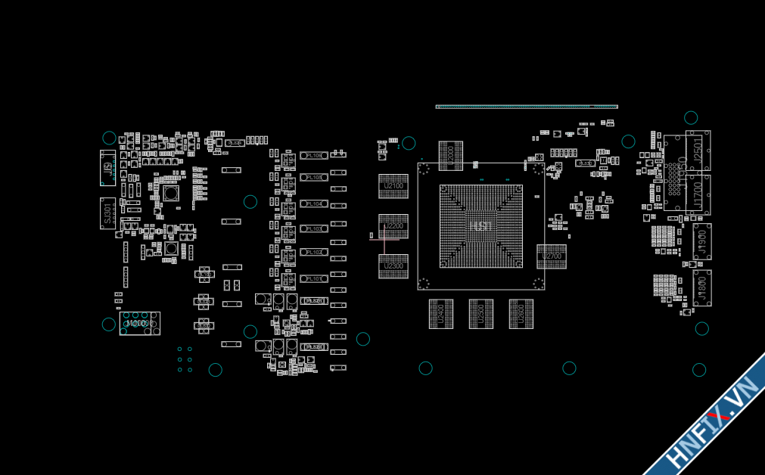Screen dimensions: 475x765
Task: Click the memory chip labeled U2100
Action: tap(393, 186)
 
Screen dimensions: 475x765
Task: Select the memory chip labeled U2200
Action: tap(393, 226)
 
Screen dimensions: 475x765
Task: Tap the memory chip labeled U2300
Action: tap(393, 266)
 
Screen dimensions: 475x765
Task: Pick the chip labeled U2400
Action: tap(441, 314)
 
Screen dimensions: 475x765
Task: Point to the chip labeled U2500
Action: tap(481, 314)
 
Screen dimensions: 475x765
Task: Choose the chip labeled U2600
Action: tap(521, 314)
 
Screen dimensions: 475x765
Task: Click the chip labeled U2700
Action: tap(552, 256)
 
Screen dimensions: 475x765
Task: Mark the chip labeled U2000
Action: tap(451, 155)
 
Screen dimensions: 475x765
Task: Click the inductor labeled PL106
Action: tap(313, 155)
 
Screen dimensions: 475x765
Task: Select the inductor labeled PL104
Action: tap(313, 204)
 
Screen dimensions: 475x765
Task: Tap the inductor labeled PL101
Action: tap(313, 279)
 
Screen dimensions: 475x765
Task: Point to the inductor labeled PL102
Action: tap(313, 252)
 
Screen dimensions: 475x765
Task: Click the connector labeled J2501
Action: tap(698, 151)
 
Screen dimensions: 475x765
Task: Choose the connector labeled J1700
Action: tap(698, 195)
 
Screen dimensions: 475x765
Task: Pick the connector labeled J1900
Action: tap(702, 241)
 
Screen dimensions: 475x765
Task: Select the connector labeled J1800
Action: tap(702, 288)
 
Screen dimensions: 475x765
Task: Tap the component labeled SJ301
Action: tap(107, 213)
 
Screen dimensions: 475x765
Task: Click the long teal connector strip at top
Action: tap(527, 107)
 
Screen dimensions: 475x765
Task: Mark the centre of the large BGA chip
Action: tap(481, 226)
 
